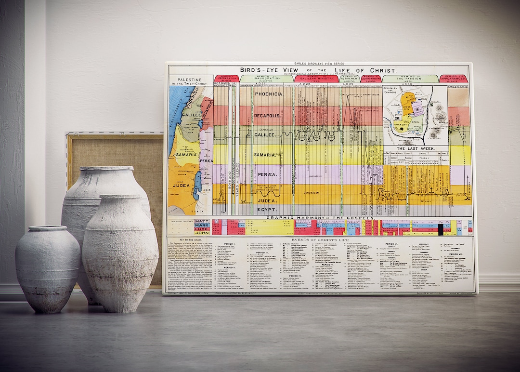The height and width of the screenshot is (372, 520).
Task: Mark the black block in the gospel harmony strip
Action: coord(440,230)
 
